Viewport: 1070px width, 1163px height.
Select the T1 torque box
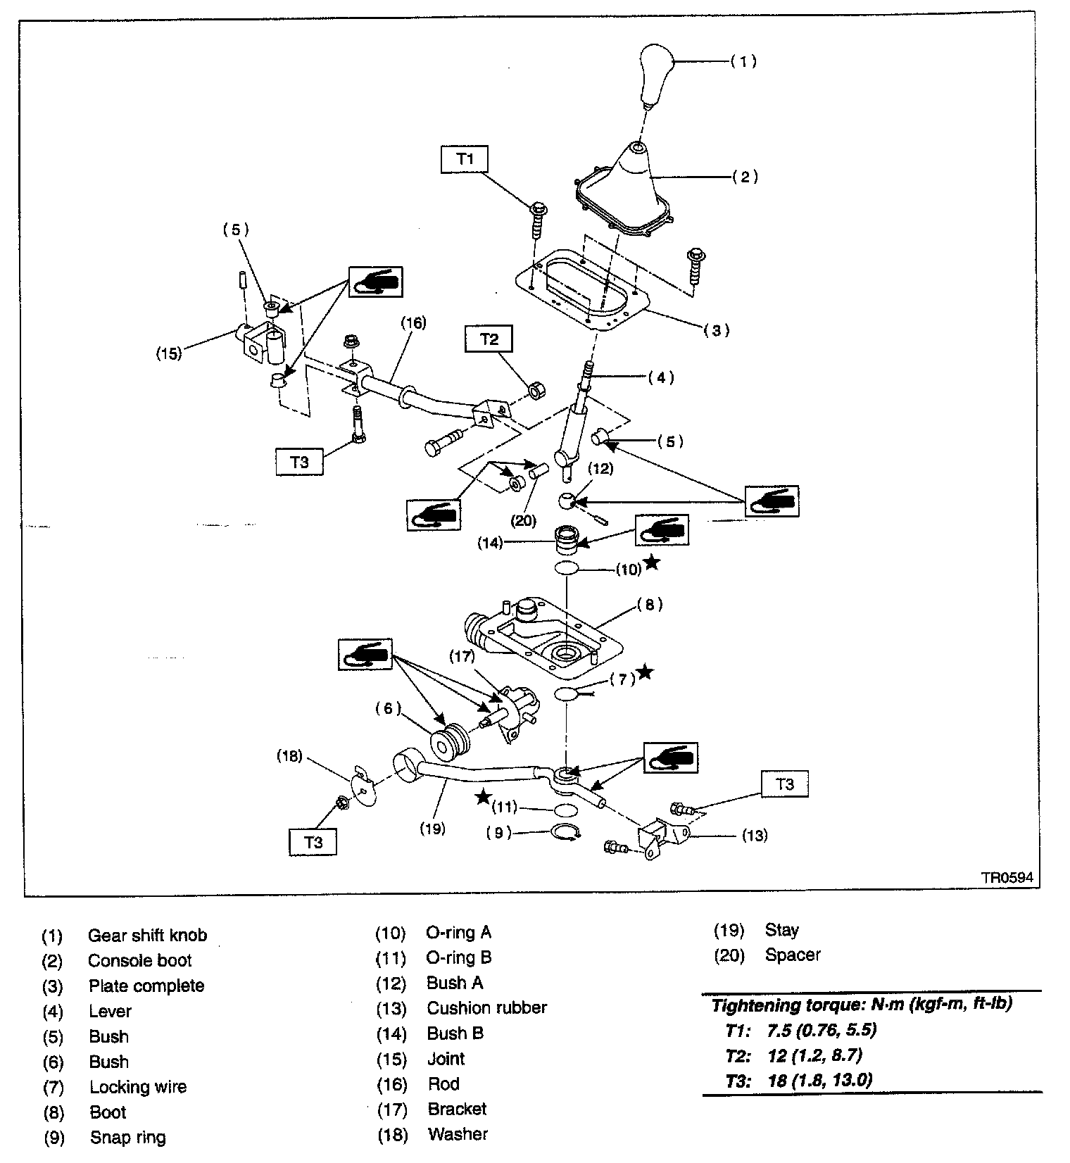click(465, 159)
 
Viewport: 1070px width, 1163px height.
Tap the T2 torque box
click(489, 339)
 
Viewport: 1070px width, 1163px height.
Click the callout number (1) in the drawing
click(743, 61)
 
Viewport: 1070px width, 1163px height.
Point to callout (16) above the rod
click(413, 323)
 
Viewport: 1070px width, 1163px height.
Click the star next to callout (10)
click(653, 562)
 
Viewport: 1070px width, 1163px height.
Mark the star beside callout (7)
click(644, 672)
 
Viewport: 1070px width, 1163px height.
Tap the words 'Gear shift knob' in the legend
click(147, 936)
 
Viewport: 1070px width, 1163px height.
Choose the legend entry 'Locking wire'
click(138, 1087)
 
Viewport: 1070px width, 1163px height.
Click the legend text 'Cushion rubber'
click(486, 1008)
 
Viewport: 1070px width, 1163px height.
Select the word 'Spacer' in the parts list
click(793, 955)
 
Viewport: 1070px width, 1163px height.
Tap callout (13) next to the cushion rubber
click(755, 836)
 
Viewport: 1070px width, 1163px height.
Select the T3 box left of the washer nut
click(313, 841)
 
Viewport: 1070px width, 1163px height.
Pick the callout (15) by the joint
click(169, 353)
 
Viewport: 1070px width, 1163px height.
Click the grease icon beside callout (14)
click(662, 529)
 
